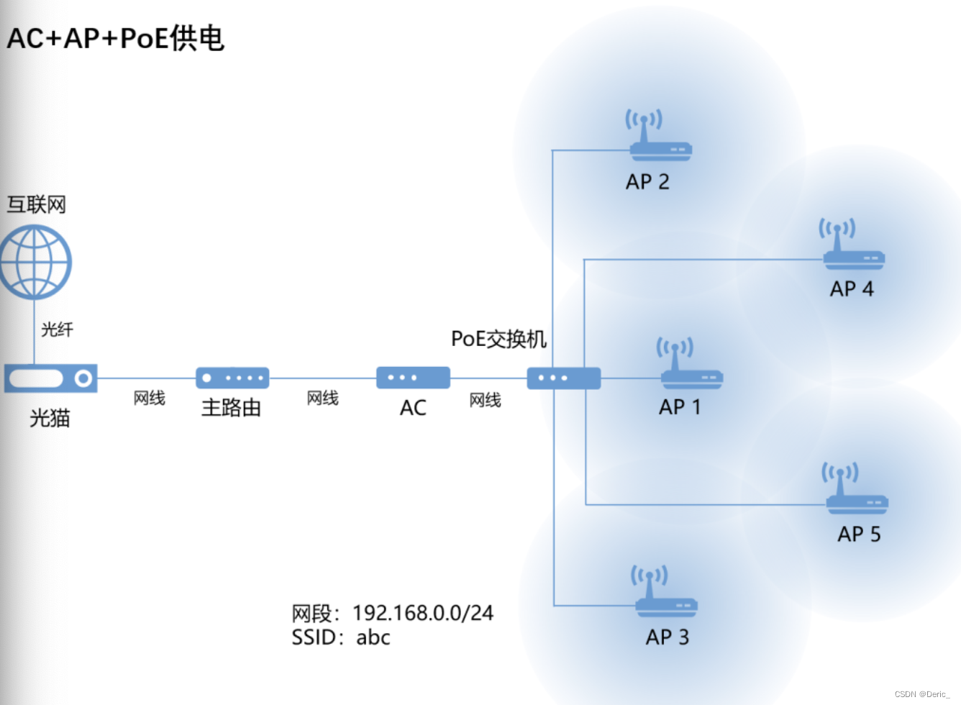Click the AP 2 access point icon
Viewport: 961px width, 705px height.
coord(660,137)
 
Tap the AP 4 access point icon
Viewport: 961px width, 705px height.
coord(852,246)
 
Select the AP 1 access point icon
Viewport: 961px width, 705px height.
coord(691,365)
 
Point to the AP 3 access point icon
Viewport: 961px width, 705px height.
coord(665,593)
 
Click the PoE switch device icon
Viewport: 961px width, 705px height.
coord(563,378)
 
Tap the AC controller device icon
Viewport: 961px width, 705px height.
coord(413,378)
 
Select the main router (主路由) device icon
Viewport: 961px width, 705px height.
coord(232,378)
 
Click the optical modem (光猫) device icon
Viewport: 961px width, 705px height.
coord(50,378)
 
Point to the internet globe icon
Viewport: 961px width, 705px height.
coord(35,262)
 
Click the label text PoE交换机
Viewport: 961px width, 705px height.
coord(498,339)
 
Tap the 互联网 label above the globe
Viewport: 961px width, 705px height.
coord(37,205)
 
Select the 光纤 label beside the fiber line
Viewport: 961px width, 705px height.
coord(57,329)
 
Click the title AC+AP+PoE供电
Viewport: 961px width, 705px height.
coord(116,38)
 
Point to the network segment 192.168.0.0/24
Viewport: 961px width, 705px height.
coord(423,613)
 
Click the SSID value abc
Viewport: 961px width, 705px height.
coord(373,637)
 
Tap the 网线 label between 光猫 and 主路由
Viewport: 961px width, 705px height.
coord(150,398)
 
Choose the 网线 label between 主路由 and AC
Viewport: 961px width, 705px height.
coord(322,398)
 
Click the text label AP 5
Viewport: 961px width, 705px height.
coord(859,534)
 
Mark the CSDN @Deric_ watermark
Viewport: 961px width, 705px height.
coord(922,694)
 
